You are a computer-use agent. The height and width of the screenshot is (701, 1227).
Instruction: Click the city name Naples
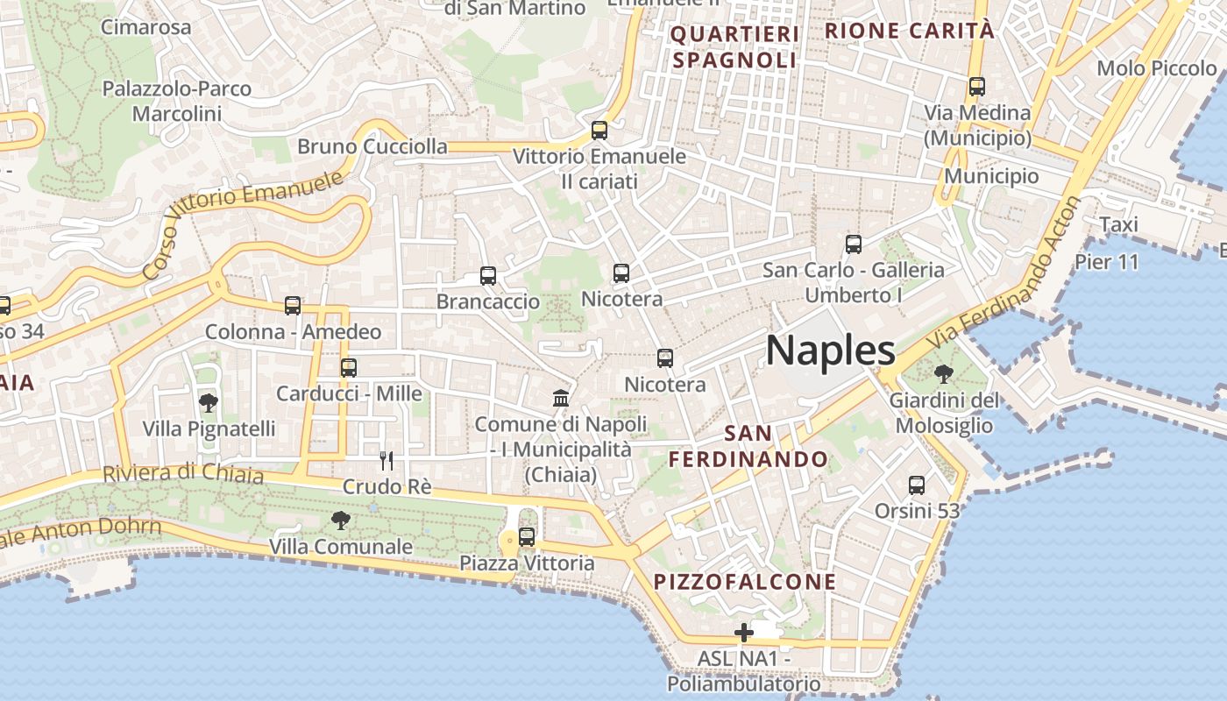click(x=830, y=350)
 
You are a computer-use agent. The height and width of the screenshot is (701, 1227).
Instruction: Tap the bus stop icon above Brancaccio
click(x=488, y=276)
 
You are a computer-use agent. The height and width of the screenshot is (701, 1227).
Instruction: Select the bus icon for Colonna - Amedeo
click(x=293, y=306)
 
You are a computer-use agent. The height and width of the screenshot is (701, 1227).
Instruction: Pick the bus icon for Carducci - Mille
click(x=349, y=368)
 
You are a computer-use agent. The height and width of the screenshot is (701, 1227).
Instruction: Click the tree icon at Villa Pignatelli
click(x=209, y=403)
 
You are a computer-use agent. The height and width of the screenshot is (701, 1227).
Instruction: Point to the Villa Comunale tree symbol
click(x=341, y=520)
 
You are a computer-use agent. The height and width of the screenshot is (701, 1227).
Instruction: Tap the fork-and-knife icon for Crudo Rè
click(x=387, y=460)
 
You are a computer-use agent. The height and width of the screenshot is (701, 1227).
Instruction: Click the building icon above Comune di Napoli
click(x=561, y=399)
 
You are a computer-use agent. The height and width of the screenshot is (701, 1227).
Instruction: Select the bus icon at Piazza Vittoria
click(x=527, y=537)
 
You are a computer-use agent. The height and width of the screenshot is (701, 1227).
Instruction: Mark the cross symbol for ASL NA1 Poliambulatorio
click(x=744, y=632)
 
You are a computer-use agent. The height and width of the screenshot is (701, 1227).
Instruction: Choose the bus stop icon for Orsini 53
click(x=917, y=485)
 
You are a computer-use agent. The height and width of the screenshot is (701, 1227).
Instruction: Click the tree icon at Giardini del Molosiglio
click(x=944, y=375)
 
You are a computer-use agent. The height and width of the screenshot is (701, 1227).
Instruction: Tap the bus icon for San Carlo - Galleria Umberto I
click(x=854, y=244)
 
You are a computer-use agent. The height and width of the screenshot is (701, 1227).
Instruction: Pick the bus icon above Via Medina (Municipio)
click(x=977, y=87)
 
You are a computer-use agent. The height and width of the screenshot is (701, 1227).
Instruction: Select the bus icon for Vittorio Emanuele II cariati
click(x=599, y=131)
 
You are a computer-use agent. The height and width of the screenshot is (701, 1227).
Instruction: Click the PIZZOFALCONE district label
click(x=745, y=582)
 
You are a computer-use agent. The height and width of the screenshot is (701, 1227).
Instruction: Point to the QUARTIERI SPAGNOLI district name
click(x=735, y=47)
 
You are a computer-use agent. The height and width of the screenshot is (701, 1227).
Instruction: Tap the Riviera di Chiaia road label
click(x=183, y=473)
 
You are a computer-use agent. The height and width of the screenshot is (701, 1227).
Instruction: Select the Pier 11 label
click(x=1107, y=262)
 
